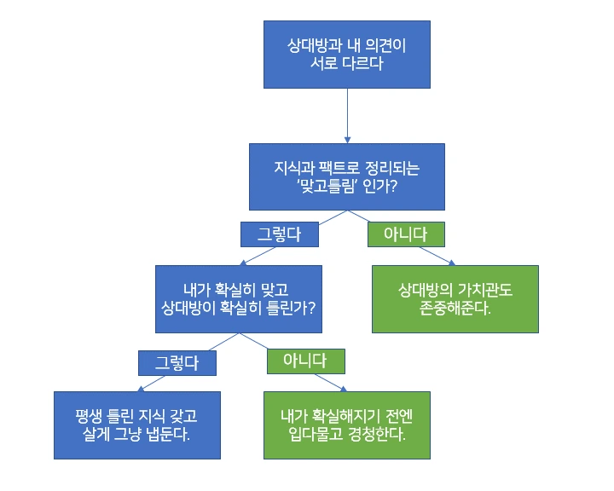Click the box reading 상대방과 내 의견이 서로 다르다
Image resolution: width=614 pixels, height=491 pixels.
[347, 53]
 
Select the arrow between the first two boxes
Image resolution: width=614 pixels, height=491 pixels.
[347, 115]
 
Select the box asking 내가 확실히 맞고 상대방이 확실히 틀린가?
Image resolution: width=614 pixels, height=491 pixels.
[239, 298]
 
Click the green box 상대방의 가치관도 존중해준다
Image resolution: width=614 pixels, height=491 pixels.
[455, 298]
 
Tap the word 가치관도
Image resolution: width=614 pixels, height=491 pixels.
[483, 290]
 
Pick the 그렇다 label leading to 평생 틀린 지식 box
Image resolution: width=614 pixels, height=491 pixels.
[177, 363]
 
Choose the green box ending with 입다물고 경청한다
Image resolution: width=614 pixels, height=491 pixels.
[346, 424]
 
